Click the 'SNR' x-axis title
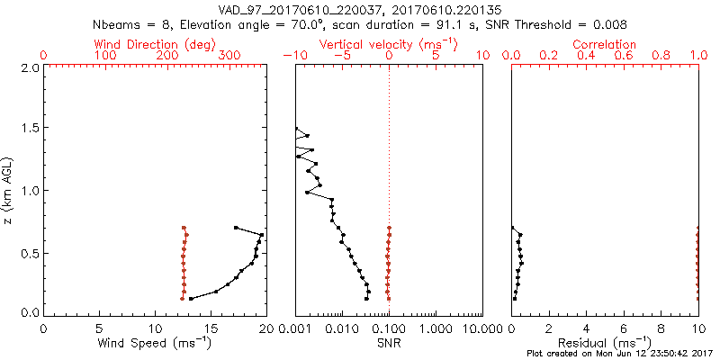(x=388, y=343)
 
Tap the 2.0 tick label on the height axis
(x=29, y=67)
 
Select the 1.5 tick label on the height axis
(x=29, y=129)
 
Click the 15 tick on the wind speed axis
(x=211, y=328)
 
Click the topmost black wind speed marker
(x=236, y=228)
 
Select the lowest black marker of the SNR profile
(x=366, y=298)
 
